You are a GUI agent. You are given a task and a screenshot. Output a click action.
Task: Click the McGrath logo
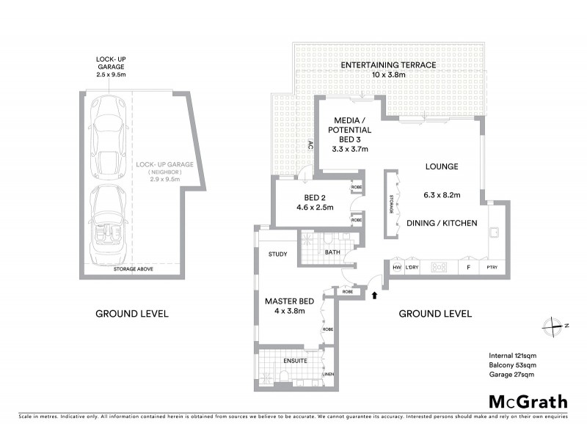(x=528, y=402)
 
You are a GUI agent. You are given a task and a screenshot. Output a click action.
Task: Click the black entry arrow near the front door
(x=375, y=295)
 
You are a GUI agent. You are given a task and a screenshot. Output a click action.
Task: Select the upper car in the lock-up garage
(x=108, y=139)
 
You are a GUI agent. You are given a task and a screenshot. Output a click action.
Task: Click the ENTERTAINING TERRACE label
(x=388, y=65)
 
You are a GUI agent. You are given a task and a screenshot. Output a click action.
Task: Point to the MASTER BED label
(x=285, y=301)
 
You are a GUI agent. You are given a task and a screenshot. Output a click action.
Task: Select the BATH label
(x=332, y=254)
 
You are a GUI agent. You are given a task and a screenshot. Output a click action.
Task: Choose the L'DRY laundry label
(x=412, y=268)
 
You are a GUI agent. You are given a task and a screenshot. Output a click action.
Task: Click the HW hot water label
(x=396, y=268)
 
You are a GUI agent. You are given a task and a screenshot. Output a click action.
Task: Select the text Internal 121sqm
(x=512, y=355)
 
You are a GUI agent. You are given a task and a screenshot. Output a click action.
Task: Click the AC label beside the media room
(x=310, y=144)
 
